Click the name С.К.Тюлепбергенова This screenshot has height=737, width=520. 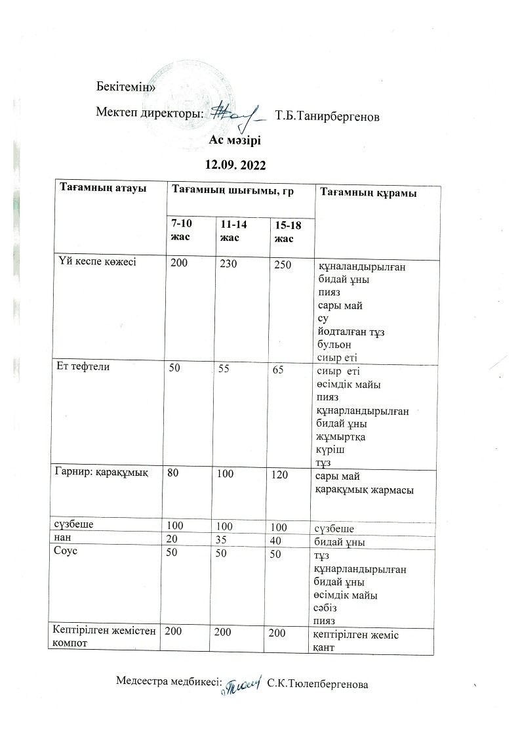pyautogui.click(x=318, y=684)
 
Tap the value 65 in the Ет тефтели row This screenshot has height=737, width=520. pyautogui.click(x=278, y=369)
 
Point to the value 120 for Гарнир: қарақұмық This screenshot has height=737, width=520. pyautogui.click(x=281, y=474)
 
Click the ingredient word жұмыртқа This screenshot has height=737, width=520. pyautogui.click(x=341, y=438)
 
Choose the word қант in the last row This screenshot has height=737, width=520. pyautogui.click(x=326, y=648)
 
